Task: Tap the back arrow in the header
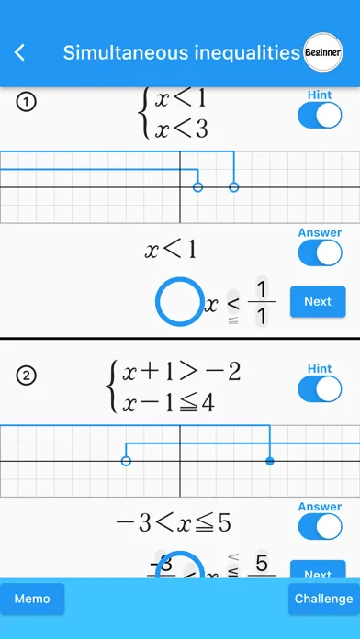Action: click(20, 53)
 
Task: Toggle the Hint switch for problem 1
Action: click(320, 116)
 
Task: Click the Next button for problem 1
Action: click(317, 301)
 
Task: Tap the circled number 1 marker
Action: click(27, 103)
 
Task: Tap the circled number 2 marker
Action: click(27, 375)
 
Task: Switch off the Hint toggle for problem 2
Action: click(320, 389)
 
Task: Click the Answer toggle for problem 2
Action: click(320, 527)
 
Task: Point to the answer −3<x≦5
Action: click(172, 522)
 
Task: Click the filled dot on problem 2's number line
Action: click(269, 461)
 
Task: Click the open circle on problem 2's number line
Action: click(126, 461)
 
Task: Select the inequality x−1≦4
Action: click(169, 401)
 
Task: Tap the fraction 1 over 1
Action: click(262, 304)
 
